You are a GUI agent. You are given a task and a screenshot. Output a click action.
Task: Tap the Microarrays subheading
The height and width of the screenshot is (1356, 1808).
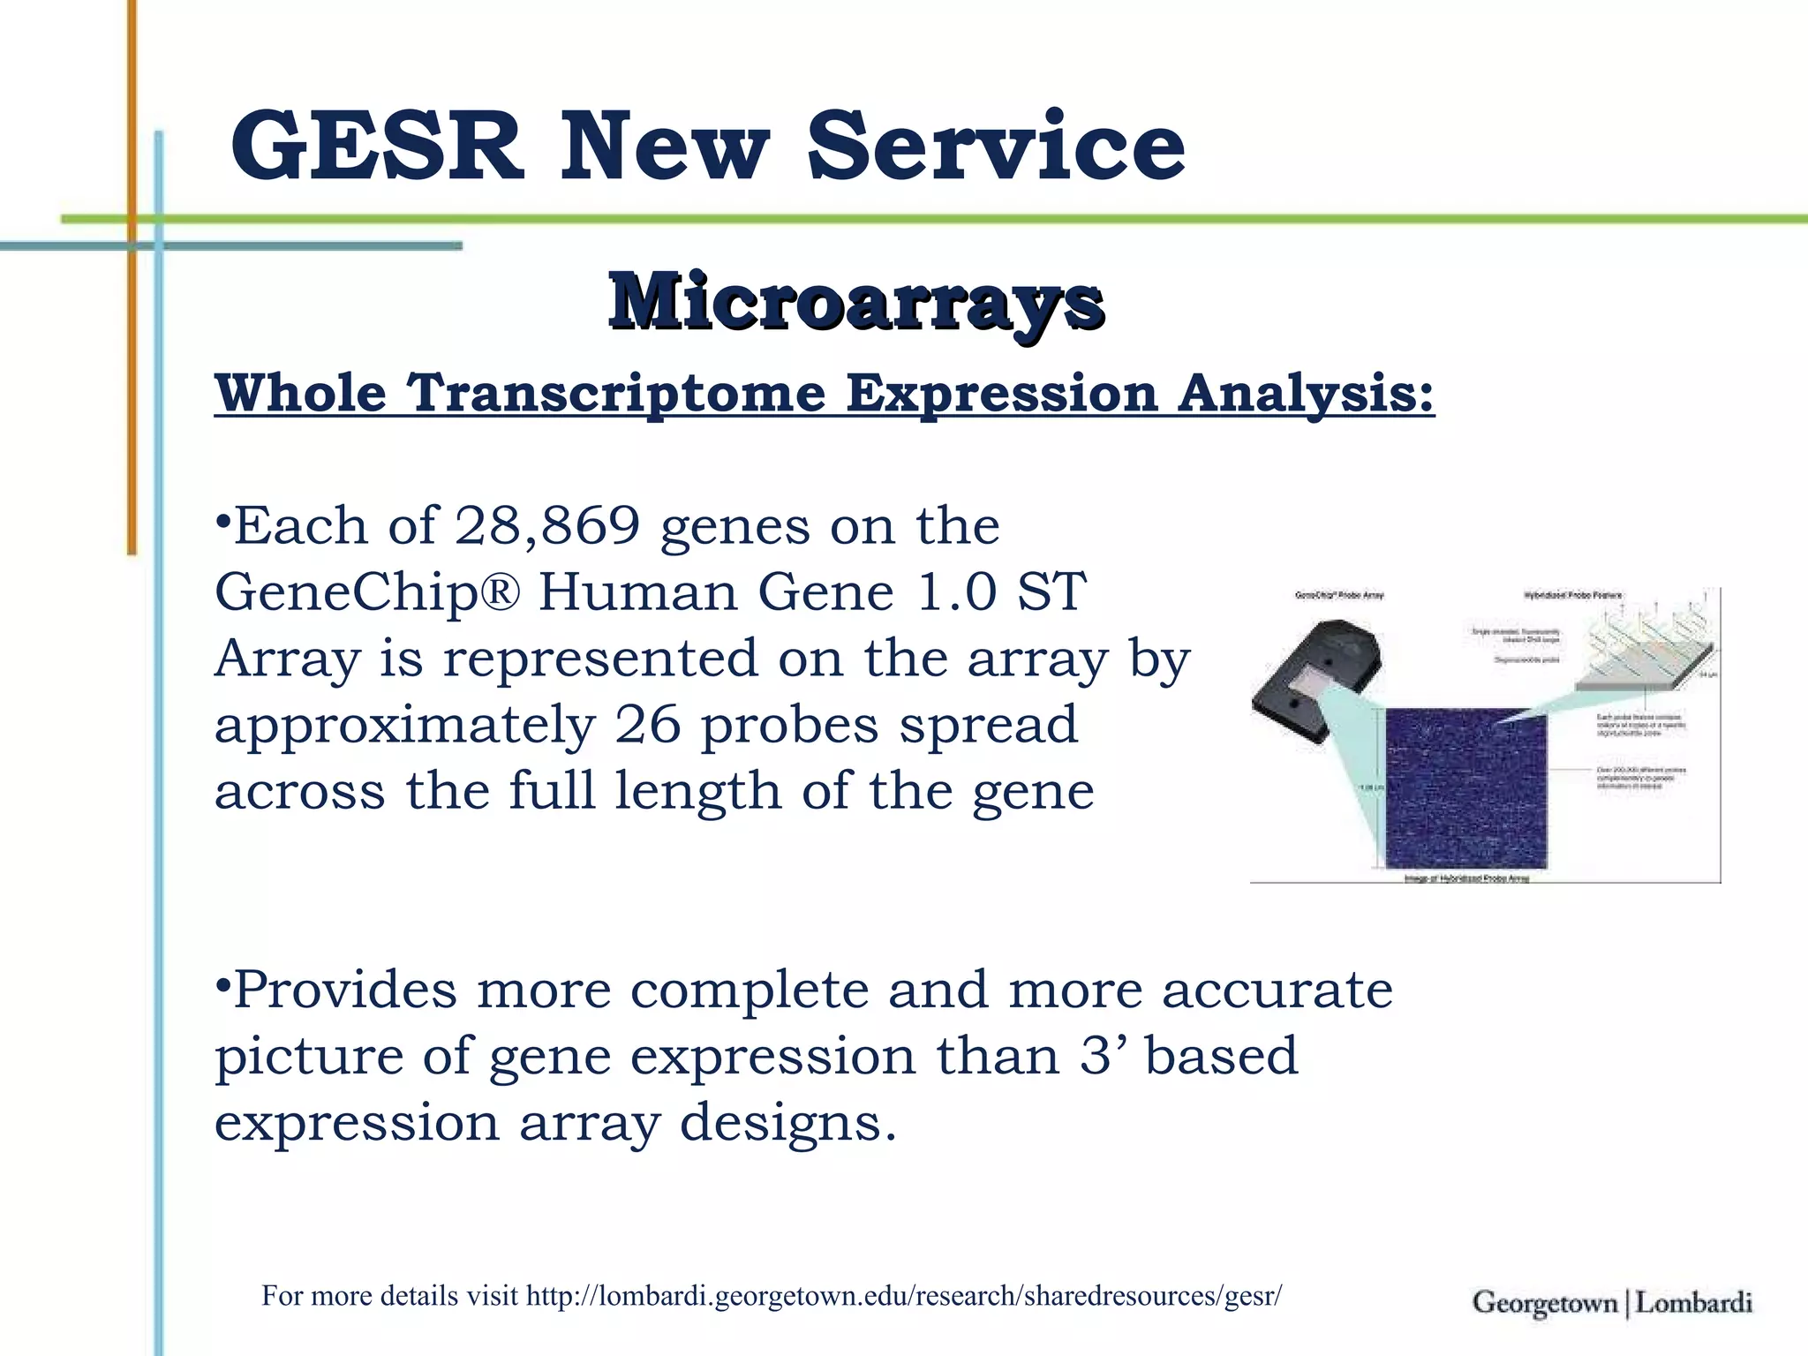[855, 302]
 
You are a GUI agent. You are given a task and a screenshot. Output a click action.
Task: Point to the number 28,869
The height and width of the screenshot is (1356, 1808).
[546, 526]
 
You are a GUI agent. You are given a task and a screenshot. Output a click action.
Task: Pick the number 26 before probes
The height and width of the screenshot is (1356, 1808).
[648, 725]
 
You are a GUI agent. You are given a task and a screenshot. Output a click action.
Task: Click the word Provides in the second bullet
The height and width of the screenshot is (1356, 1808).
[345, 990]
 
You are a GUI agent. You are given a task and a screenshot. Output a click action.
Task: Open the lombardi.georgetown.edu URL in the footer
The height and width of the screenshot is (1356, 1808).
[903, 1296]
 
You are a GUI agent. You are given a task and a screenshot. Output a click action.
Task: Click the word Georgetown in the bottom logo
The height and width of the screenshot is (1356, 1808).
[1545, 1303]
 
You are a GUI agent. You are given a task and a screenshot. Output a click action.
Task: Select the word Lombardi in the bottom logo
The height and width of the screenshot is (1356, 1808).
[1693, 1303]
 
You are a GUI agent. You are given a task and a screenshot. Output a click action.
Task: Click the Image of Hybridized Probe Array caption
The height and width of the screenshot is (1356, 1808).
[1466, 878]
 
